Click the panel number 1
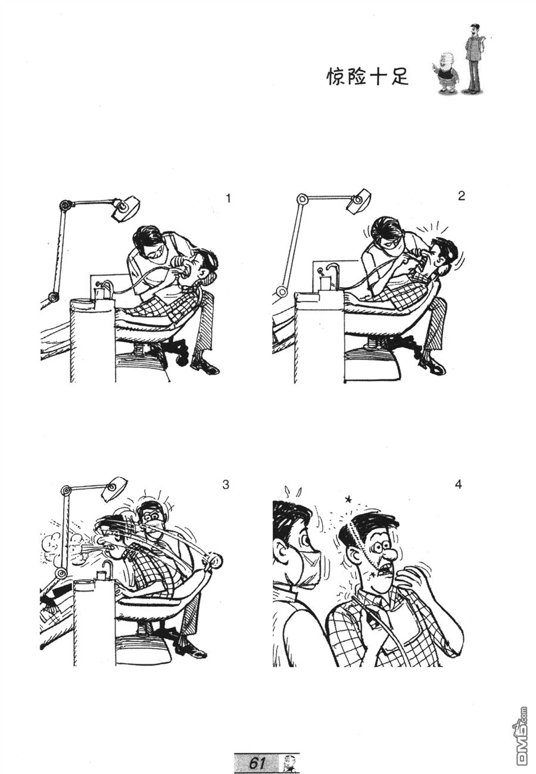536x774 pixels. pyautogui.click(x=227, y=199)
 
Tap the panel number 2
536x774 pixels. pyautogui.click(x=462, y=196)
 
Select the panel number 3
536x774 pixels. pyautogui.click(x=225, y=485)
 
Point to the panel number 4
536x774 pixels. pyautogui.click(x=459, y=484)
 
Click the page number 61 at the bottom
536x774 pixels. pyautogui.click(x=257, y=763)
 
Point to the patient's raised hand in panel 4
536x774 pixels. pyautogui.click(x=414, y=582)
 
